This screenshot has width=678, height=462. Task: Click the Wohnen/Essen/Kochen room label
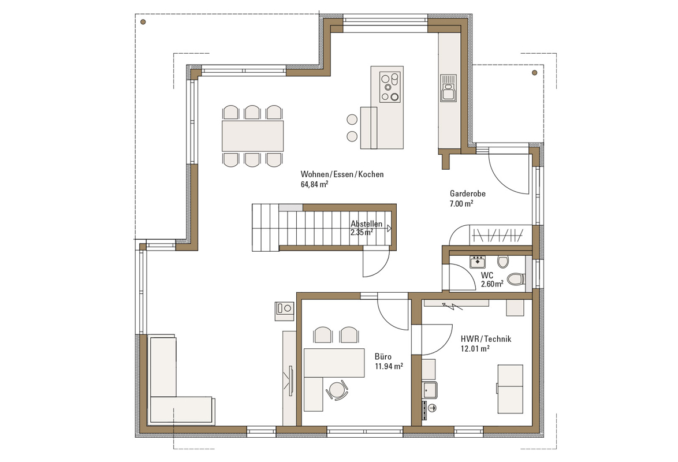(342, 174)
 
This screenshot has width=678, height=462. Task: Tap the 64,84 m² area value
(314, 184)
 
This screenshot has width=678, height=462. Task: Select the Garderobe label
(467, 194)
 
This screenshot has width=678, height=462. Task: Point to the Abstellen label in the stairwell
(366, 223)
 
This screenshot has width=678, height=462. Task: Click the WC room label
(487, 275)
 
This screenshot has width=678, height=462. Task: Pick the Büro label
(383, 356)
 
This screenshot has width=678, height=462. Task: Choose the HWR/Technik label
(486, 339)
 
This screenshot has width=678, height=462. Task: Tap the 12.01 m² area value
(475, 349)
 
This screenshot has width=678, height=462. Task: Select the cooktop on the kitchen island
(390, 87)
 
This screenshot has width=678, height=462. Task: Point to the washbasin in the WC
(478, 262)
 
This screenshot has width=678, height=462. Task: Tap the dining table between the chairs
(252, 136)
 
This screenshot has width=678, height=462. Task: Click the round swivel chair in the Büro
(337, 390)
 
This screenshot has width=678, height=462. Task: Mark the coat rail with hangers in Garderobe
(498, 235)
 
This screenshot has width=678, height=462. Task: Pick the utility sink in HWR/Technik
(430, 390)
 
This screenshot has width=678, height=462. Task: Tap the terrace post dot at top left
(143, 21)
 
